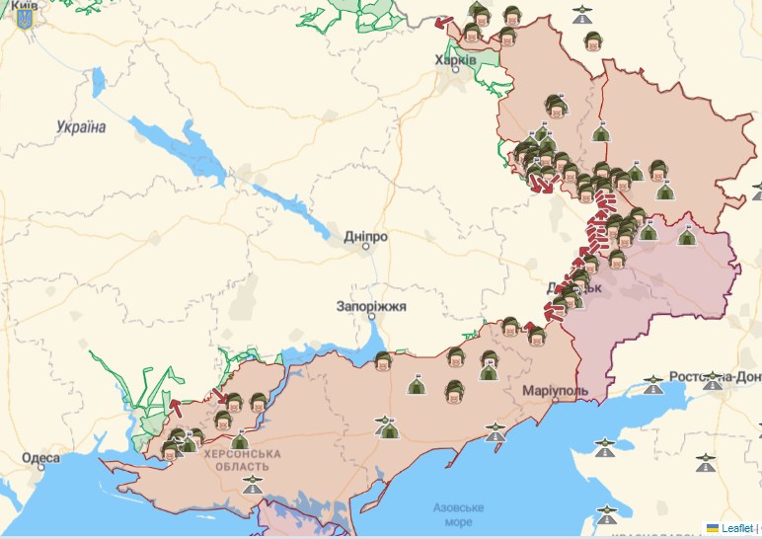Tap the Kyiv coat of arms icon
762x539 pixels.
click(25, 19)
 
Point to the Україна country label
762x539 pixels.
click(81, 126)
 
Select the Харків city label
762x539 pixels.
click(455, 60)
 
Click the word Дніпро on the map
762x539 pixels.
click(365, 237)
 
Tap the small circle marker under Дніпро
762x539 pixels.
click(365, 248)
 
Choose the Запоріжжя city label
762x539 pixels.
click(371, 306)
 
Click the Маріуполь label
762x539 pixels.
click(556, 390)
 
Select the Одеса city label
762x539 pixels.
click(40, 458)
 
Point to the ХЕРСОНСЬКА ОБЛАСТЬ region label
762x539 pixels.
click(243, 459)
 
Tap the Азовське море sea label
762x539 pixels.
click(458, 514)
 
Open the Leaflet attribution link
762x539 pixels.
click(736, 528)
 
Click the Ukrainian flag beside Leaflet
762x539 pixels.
click(712, 528)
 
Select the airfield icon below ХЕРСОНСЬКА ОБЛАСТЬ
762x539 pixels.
click(255, 485)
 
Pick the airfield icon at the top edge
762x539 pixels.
click(582, 15)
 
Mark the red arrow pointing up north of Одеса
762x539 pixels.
click(174, 406)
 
